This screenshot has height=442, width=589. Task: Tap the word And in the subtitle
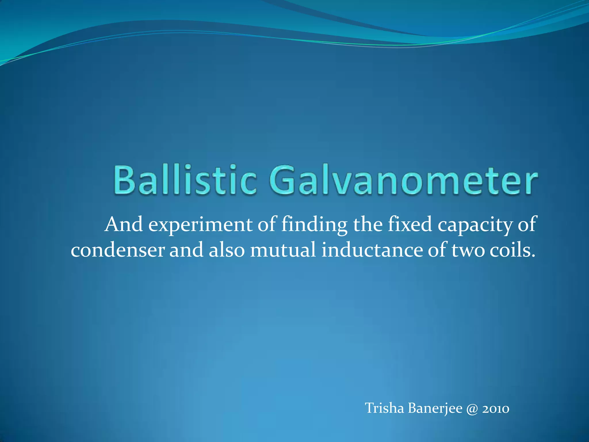124,225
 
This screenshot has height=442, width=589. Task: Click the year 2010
496,409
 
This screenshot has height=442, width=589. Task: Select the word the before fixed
368,225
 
